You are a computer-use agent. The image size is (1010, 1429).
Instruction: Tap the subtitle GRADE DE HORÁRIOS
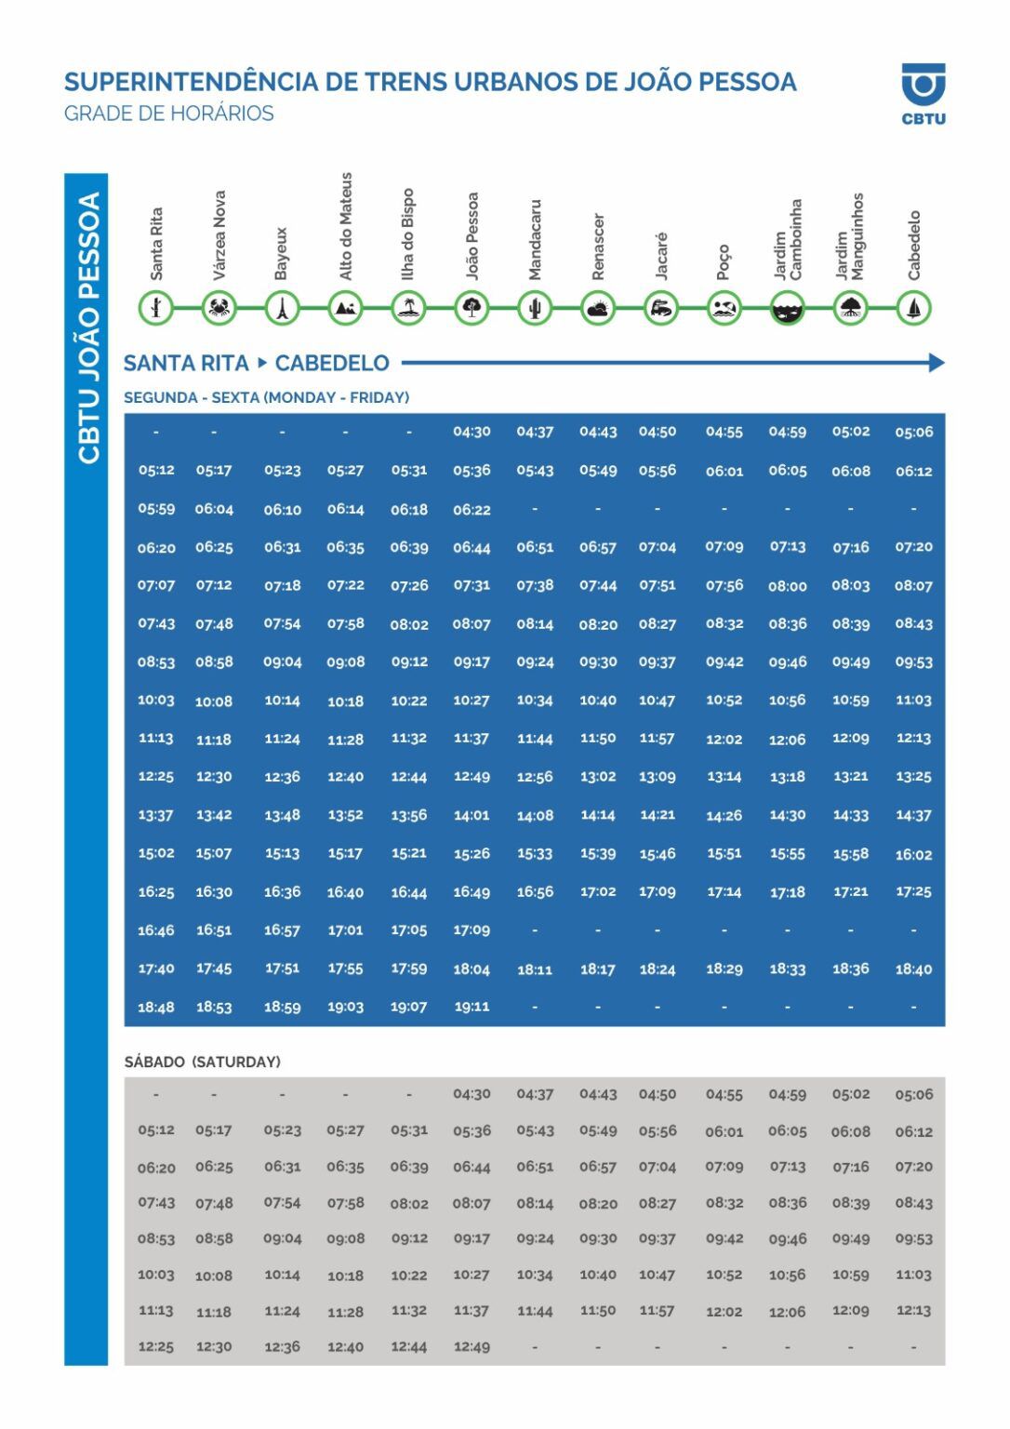tap(168, 114)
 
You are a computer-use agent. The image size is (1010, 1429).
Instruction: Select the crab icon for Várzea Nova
tap(219, 307)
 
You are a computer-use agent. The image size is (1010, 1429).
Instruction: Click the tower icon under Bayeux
tap(282, 307)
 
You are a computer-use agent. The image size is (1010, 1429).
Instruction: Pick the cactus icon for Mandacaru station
tap(535, 307)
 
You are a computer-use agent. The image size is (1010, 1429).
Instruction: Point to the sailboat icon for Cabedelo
tap(913, 307)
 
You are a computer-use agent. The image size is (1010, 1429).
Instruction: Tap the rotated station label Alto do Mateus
tap(345, 226)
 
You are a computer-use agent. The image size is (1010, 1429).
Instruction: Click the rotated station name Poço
tap(724, 261)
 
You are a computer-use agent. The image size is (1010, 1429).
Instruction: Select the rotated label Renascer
tap(598, 247)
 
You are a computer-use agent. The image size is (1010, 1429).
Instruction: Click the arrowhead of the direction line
tap(937, 363)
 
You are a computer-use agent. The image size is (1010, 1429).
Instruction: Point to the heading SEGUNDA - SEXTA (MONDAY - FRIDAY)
tap(266, 397)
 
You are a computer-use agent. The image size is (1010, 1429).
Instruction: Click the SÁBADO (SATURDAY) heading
tap(203, 1062)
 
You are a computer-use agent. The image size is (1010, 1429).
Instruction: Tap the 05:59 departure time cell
tap(156, 509)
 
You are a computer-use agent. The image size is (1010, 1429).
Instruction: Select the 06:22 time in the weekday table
tap(472, 510)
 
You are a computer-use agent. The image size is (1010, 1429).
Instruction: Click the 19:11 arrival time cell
tap(472, 1006)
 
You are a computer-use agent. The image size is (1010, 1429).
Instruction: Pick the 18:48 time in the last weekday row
tap(156, 1007)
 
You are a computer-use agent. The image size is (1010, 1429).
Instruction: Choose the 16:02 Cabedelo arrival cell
tap(913, 854)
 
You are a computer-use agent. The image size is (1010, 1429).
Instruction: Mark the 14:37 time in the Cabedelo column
tap(913, 815)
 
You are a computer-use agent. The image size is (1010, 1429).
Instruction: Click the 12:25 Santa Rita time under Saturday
tap(156, 1346)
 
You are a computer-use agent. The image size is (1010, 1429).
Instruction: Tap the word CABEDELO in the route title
tap(332, 363)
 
